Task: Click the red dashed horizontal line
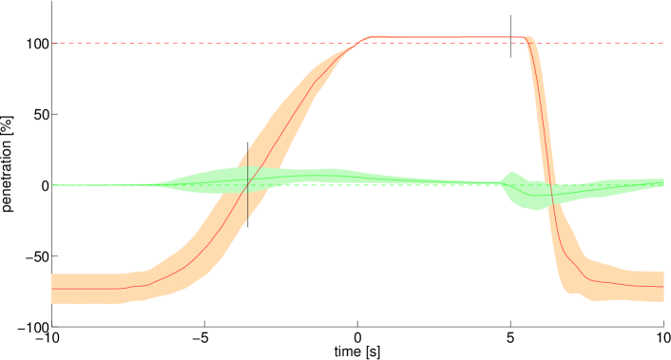click(x=190, y=44)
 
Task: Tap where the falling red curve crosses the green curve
click(x=550, y=195)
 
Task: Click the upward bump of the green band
click(x=511, y=176)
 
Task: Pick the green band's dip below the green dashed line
click(x=538, y=200)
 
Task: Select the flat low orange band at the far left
click(x=86, y=288)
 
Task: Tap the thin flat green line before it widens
click(x=95, y=185)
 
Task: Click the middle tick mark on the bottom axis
click(x=357, y=327)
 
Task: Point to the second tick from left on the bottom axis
click(x=204, y=327)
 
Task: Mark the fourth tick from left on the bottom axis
click(x=510, y=327)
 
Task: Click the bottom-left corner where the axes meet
click(x=52, y=326)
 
